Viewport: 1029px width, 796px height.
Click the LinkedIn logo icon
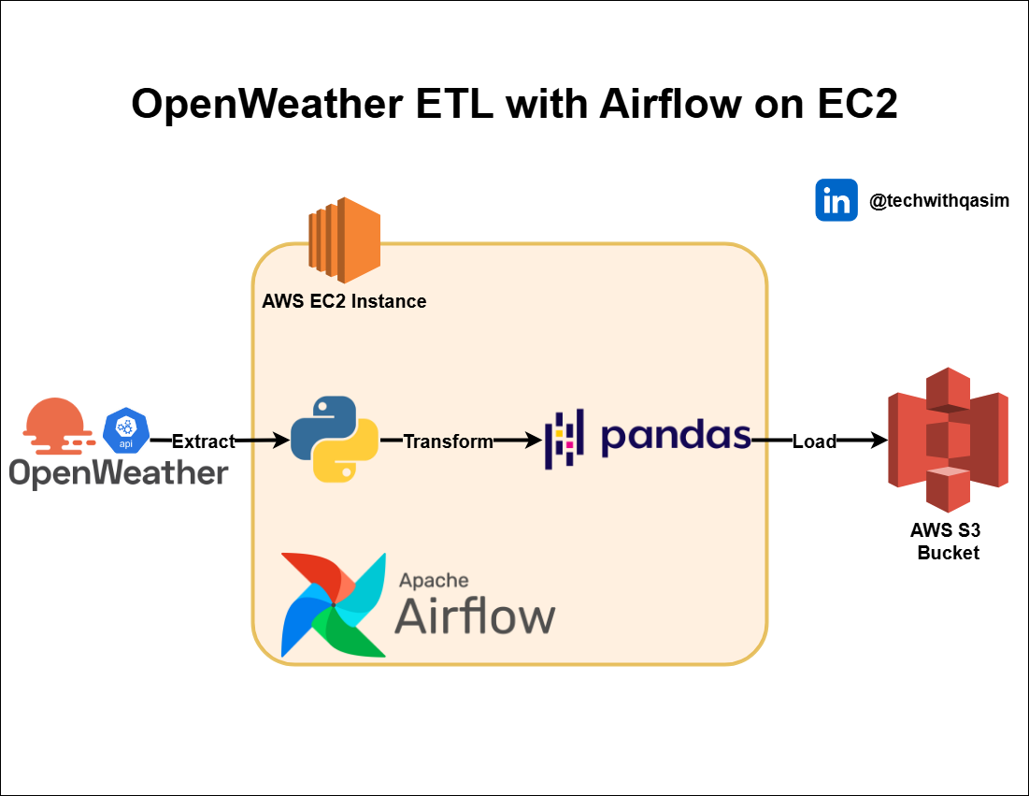coord(836,200)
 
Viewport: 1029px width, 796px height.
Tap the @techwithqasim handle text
coord(938,201)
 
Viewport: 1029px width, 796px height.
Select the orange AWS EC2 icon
coord(344,240)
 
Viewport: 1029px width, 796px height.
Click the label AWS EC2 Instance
coord(344,301)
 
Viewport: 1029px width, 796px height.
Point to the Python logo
coord(335,439)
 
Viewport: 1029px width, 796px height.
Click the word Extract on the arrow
coord(204,441)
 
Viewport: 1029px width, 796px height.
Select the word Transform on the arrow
coord(448,441)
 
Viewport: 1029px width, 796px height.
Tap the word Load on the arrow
coord(814,441)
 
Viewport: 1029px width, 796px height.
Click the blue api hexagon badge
coord(126,430)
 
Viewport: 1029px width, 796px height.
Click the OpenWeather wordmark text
coord(119,472)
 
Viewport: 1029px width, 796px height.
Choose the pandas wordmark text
coord(676,437)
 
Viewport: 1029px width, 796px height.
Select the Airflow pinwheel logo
coord(334,604)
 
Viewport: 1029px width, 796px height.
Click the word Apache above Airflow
coord(434,581)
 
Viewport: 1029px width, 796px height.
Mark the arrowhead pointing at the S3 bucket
coord(878,440)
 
